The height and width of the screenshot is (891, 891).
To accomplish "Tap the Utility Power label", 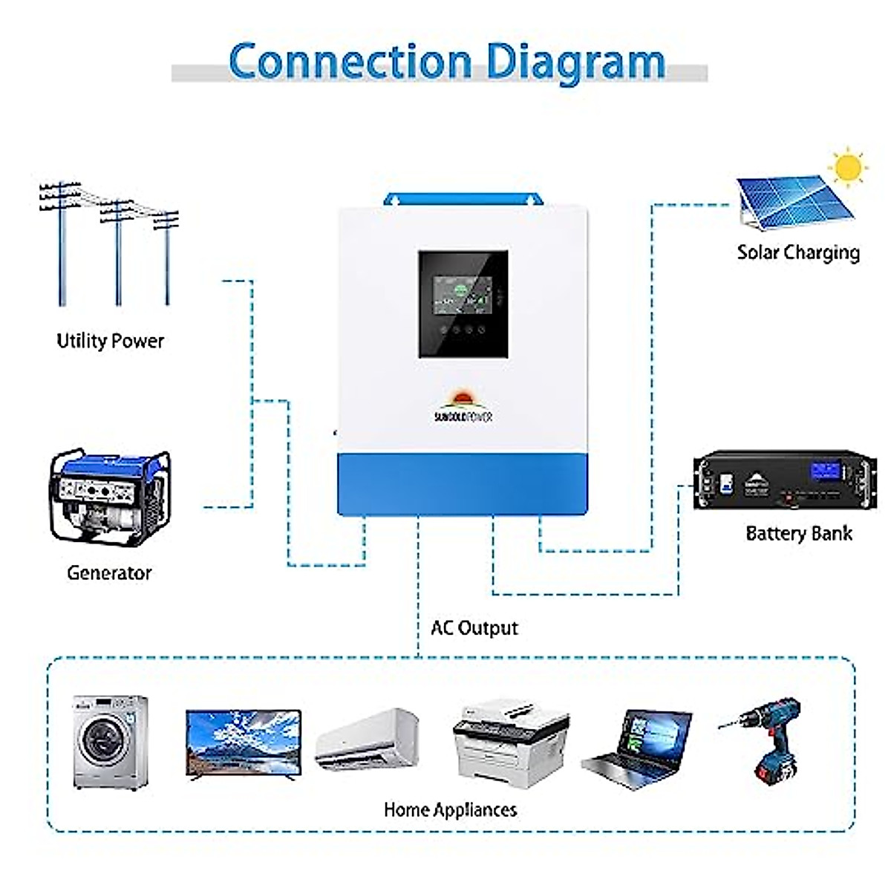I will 110,341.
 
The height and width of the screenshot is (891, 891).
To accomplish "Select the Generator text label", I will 109,572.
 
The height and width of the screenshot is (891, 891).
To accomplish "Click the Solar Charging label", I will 798,252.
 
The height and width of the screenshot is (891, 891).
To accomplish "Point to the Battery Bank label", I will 798,533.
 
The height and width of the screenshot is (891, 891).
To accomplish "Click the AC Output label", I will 474,628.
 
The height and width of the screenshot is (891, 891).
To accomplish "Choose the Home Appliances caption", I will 450,809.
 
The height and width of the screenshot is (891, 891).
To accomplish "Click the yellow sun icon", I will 848,167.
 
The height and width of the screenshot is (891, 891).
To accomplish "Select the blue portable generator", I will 110,496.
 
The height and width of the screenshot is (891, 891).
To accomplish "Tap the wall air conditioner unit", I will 367,738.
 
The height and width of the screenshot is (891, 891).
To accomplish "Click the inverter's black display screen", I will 463,303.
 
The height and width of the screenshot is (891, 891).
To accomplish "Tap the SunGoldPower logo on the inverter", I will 463,408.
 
